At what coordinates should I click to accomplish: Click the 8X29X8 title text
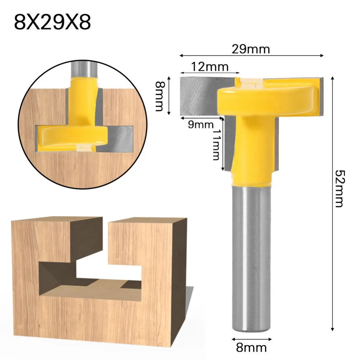point(53,22)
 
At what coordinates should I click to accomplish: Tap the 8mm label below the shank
point(252,347)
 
